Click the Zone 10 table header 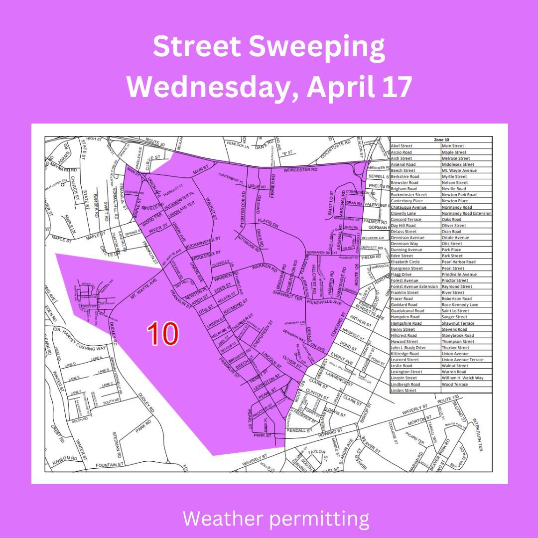[441, 140]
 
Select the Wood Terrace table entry [455, 385]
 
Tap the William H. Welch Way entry [462, 378]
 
